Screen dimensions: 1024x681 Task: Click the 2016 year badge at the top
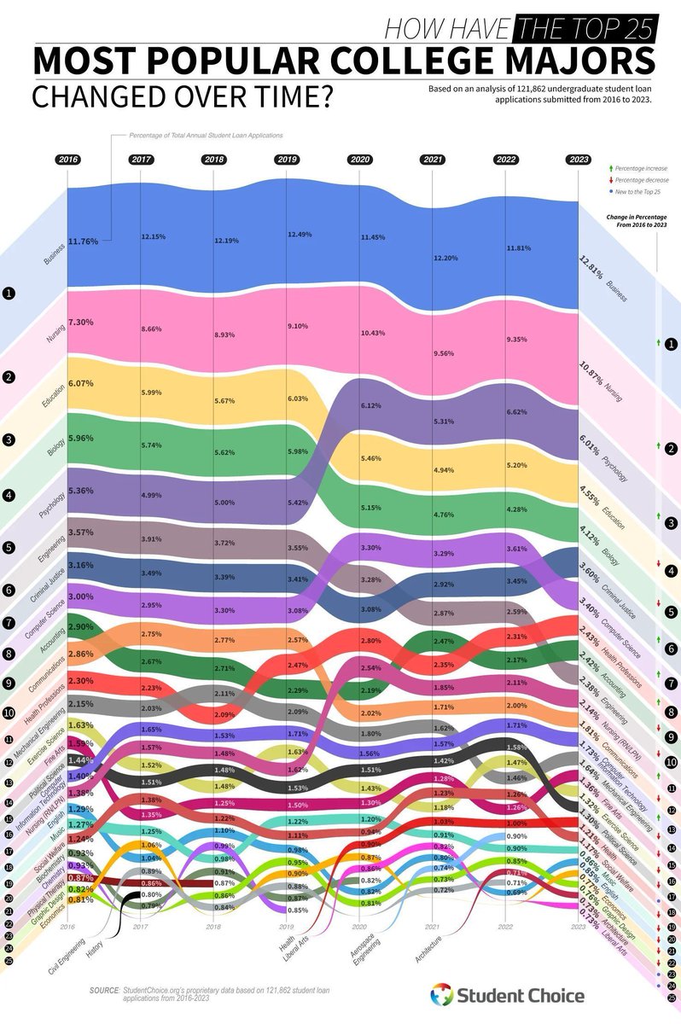67,160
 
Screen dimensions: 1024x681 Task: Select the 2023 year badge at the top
579,160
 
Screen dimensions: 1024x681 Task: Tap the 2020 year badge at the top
359,160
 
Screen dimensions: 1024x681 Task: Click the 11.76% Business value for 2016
83,241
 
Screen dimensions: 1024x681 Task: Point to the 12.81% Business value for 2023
585,268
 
